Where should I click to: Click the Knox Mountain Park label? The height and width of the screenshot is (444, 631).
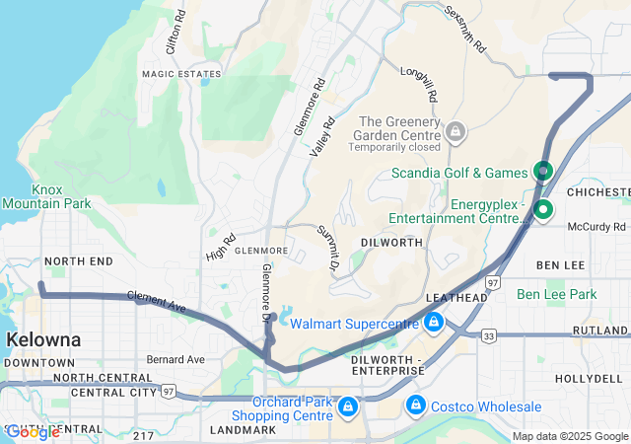tap(46, 196)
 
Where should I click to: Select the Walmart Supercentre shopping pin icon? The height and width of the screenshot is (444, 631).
tap(434, 322)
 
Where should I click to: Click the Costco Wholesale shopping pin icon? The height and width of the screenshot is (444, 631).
tap(416, 406)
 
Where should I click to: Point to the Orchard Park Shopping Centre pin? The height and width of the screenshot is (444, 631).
tap(347, 406)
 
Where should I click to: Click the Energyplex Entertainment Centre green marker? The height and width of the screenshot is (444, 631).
tap(543, 210)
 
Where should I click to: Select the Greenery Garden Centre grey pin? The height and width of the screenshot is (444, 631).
tap(456, 130)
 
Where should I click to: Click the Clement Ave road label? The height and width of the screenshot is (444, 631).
tap(157, 302)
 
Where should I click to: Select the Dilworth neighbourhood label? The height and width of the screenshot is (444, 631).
tap(391, 242)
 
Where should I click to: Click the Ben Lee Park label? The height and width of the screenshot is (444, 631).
tap(556, 294)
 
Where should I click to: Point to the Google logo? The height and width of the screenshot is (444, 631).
tap(32, 431)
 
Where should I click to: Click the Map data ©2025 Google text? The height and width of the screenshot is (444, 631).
tap(568, 436)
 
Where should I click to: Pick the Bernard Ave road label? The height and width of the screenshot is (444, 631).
tap(175, 359)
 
